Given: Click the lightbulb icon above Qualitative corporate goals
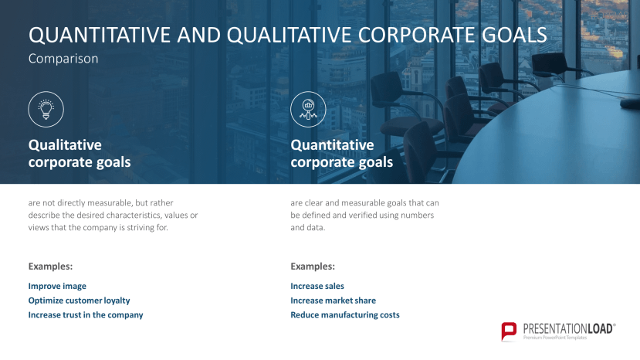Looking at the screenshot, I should [46, 109].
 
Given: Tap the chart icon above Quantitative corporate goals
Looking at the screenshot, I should [308, 109].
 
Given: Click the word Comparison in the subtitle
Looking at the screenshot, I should [63, 59].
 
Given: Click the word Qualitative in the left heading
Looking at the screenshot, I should [65, 144].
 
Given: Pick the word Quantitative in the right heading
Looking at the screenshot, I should [332, 144].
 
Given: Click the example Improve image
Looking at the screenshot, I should [57, 286].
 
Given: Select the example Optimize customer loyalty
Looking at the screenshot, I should [79, 301].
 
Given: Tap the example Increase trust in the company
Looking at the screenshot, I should [86, 315].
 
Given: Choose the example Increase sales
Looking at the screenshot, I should [317, 286].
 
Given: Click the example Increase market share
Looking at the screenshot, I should [333, 301].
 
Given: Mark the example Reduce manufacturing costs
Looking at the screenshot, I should [345, 315].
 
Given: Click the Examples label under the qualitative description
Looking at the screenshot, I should [50, 267].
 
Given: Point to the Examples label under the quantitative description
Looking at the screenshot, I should [313, 267].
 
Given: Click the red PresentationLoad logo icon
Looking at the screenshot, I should [509, 331].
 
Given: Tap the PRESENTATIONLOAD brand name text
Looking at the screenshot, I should [569, 328].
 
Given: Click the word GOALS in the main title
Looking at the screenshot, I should [516, 36].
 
